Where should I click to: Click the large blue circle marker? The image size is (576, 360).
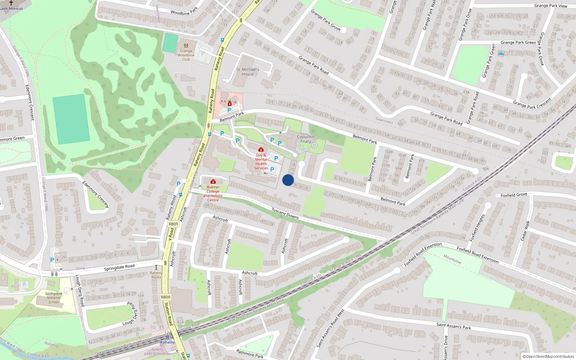288,180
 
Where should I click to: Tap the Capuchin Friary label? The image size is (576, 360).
306,139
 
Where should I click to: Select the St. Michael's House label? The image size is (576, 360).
248,72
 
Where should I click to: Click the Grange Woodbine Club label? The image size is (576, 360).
186,55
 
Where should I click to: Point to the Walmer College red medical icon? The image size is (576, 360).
213,182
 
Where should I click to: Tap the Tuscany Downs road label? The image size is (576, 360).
285,213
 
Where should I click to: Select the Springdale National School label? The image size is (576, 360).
54,298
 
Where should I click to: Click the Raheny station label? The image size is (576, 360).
167,342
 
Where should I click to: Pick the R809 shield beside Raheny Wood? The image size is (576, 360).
174,224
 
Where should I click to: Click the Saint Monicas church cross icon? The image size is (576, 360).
11,3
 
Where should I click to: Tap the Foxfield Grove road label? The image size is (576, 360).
514,195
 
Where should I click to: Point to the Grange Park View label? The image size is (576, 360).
550,6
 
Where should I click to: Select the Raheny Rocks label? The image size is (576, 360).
156,275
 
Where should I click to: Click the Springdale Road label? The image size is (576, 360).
119,267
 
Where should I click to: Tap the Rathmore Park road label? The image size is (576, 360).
250,354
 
